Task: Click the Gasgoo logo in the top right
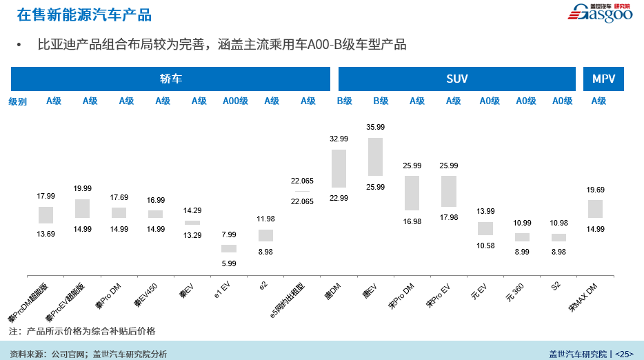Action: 599,13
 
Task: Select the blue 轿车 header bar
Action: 170,79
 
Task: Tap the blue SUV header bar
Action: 457,79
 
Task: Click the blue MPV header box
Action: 603,79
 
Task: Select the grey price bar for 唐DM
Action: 339,169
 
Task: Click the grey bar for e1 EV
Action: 229,248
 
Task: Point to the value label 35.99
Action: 376,128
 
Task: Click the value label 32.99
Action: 339,139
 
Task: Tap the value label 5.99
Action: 229,263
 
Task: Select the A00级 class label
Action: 235,101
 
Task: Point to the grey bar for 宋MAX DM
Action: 595,209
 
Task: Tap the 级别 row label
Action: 18,101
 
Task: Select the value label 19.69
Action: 595,190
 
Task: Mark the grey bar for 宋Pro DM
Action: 412,193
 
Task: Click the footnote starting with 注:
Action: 82,331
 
